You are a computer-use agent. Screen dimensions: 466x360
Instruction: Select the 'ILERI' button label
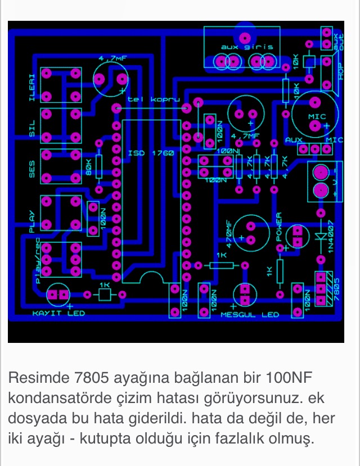point(31,85)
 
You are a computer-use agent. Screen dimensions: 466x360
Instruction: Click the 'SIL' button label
point(31,128)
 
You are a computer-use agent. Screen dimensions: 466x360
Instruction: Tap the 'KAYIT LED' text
point(58,313)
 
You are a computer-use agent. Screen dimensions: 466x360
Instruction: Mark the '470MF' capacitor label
point(228,234)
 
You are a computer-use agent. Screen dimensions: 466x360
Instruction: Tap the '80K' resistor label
point(89,168)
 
